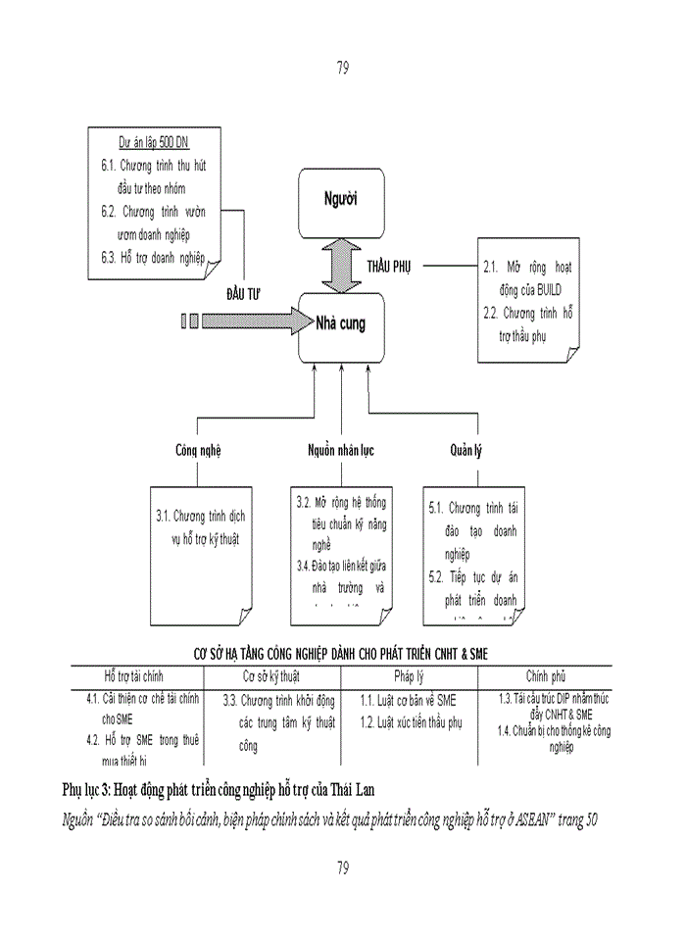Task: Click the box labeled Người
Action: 341,201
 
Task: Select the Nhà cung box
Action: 340,324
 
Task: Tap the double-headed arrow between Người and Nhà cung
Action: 341,266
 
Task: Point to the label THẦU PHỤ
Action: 390,267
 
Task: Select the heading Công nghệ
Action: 198,451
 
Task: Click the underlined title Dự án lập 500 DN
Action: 153,142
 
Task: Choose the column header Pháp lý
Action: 409,676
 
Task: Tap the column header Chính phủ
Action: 545,676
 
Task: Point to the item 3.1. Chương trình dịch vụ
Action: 203,516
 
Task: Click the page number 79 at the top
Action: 343,68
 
